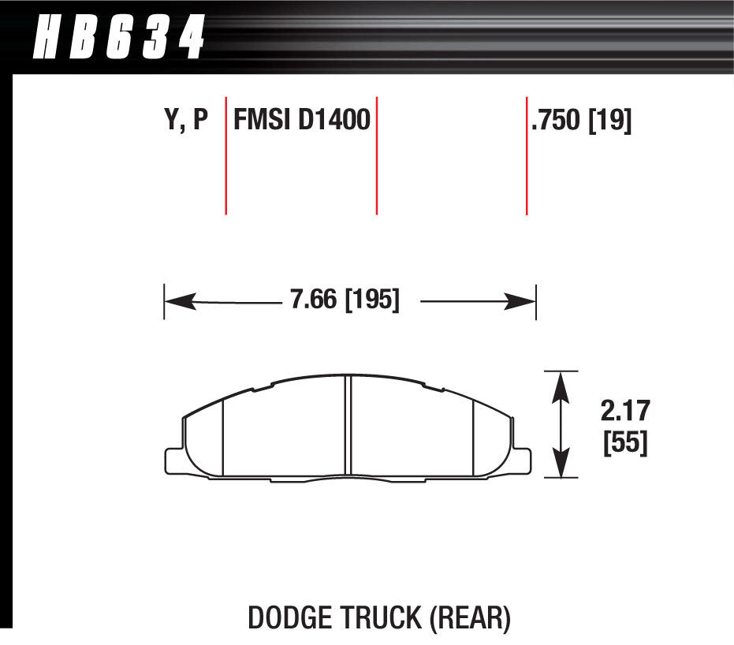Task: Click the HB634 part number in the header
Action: pos(119,36)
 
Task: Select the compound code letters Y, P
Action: pos(186,119)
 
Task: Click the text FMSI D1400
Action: pos(302,119)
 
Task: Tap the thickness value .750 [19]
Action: pos(581,121)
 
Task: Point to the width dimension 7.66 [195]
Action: pos(345,300)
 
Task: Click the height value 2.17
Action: pos(625,411)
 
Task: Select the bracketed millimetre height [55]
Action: pos(625,442)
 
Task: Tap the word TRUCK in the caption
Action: pos(381,618)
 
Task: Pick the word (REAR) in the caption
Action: pos(470,618)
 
